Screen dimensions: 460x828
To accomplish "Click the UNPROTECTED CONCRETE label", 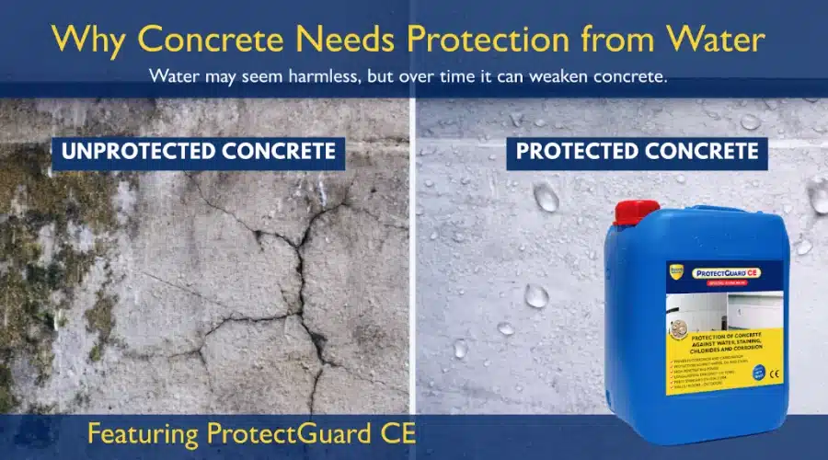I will click(199, 151).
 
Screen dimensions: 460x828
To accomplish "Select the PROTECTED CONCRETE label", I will click(638, 151).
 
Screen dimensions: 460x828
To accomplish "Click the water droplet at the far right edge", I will click(818, 195).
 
